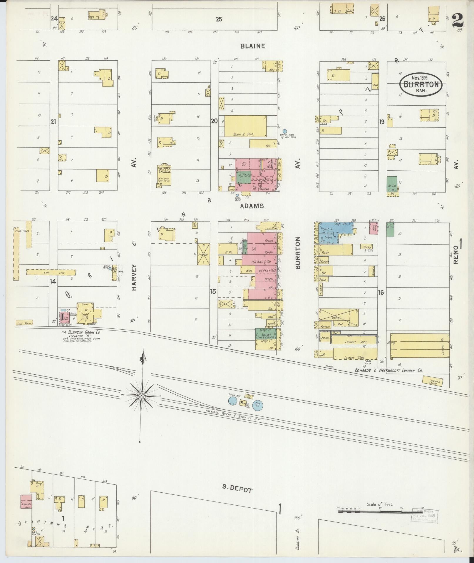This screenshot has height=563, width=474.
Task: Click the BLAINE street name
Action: click(x=253, y=46)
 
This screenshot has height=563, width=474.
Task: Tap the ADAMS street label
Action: click(x=252, y=206)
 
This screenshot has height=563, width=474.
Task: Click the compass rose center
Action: click(x=142, y=396)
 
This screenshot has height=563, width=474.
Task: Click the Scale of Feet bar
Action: click(x=379, y=511)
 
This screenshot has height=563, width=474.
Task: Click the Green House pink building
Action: click(x=26, y=501)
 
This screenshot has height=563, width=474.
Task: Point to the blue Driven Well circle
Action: click(x=284, y=131)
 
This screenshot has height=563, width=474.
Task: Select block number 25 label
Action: click(x=219, y=19)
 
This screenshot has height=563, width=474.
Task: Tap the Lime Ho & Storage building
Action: click(x=432, y=382)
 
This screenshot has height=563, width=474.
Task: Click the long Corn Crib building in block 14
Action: click(x=51, y=272)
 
